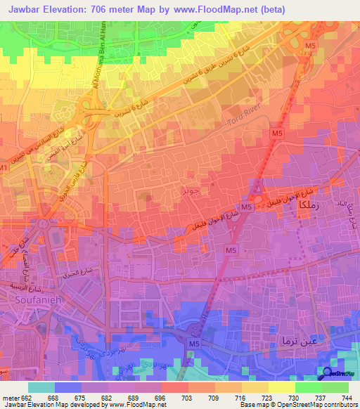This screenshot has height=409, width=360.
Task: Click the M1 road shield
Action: (4, 169)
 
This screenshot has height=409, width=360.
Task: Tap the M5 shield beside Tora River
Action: (276, 132)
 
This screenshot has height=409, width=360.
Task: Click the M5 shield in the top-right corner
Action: (311, 46)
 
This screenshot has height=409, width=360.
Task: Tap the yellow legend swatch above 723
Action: (255, 387)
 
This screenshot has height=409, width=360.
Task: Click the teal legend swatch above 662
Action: (41, 387)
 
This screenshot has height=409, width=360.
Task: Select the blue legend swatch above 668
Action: (68, 387)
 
